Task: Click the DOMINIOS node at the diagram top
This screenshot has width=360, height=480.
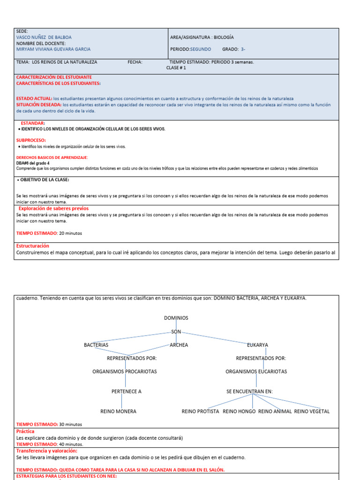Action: coord(176,318)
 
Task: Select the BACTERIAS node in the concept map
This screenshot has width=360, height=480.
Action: coord(96,345)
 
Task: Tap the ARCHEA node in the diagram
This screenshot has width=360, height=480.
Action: coord(179,345)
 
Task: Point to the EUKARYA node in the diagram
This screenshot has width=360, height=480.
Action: coord(257,345)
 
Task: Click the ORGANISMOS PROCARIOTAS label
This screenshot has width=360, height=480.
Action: coord(125,371)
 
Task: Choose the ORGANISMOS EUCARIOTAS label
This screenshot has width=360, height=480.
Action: coord(256,371)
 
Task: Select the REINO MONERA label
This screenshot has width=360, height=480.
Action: coord(119,412)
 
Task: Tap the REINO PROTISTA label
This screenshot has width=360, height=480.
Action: coord(200,412)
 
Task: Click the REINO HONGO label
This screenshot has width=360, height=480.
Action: coord(239,412)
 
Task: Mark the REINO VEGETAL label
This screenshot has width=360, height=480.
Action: coord(312,412)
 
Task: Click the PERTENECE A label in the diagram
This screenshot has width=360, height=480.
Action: coord(126,391)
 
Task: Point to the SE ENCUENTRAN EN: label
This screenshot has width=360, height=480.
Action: coord(249,391)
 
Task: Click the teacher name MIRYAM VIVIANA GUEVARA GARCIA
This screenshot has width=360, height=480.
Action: coord(53,49)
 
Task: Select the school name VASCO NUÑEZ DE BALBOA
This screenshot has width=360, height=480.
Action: coord(44,37)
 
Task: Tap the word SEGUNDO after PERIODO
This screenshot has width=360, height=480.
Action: coord(201,49)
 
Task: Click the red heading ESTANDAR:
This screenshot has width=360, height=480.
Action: coord(33,123)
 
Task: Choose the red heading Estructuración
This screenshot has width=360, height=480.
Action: coord(33,246)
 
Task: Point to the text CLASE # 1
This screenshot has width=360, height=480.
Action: coord(176,67)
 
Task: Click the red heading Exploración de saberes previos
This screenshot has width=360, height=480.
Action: coord(53,208)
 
